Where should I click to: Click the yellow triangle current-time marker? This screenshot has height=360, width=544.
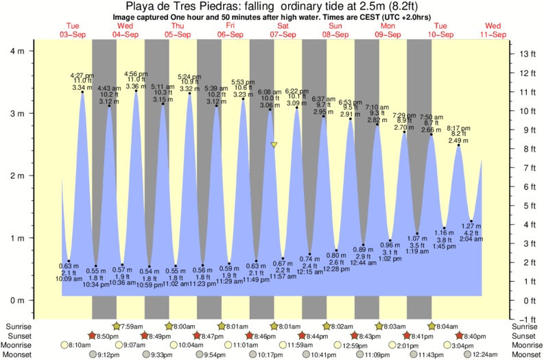click(x=274, y=145)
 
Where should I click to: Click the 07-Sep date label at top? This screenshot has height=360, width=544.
click(x=283, y=34)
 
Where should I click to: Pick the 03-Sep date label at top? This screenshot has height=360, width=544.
click(x=72, y=34)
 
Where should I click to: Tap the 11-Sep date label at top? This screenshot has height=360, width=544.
click(x=493, y=34)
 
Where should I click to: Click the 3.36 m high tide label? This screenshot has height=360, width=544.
click(x=135, y=86)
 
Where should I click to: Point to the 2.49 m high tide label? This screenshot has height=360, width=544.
click(x=459, y=141)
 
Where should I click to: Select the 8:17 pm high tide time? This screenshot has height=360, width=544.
click(x=459, y=128)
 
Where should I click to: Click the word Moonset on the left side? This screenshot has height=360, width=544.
click(x=17, y=355)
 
